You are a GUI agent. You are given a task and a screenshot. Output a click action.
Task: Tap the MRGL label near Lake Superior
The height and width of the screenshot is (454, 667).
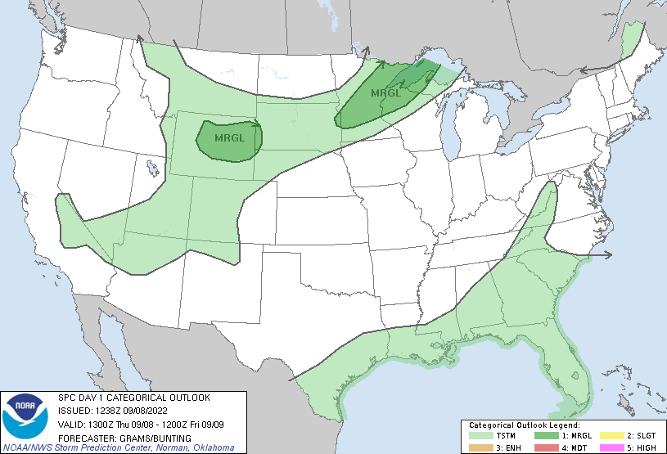tap(385, 92)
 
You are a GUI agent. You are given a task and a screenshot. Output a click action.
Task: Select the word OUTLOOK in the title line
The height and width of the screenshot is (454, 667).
tap(186, 398)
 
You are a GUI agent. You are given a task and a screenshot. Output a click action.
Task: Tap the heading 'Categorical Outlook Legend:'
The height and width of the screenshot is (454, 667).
tap(524, 425)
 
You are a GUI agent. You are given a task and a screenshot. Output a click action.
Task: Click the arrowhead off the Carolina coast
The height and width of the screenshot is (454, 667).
tap(608, 255)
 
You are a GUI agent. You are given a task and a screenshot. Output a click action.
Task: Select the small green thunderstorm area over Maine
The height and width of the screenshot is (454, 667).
tap(629, 40)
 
